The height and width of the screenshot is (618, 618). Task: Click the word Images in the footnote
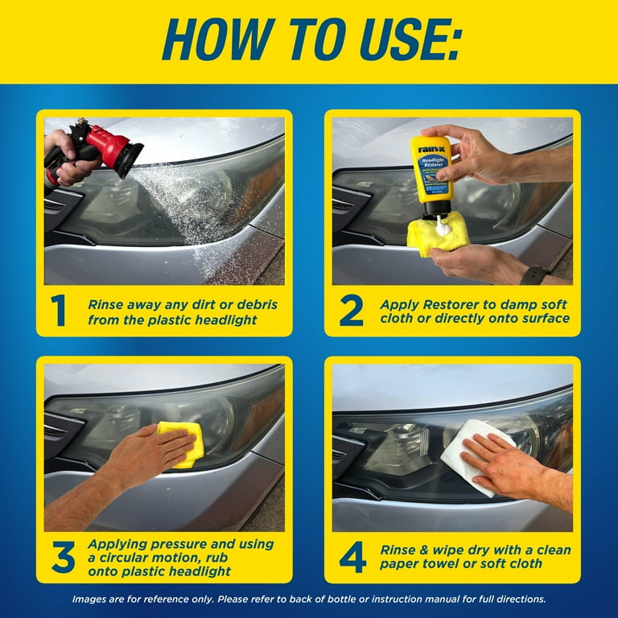[92, 599]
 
